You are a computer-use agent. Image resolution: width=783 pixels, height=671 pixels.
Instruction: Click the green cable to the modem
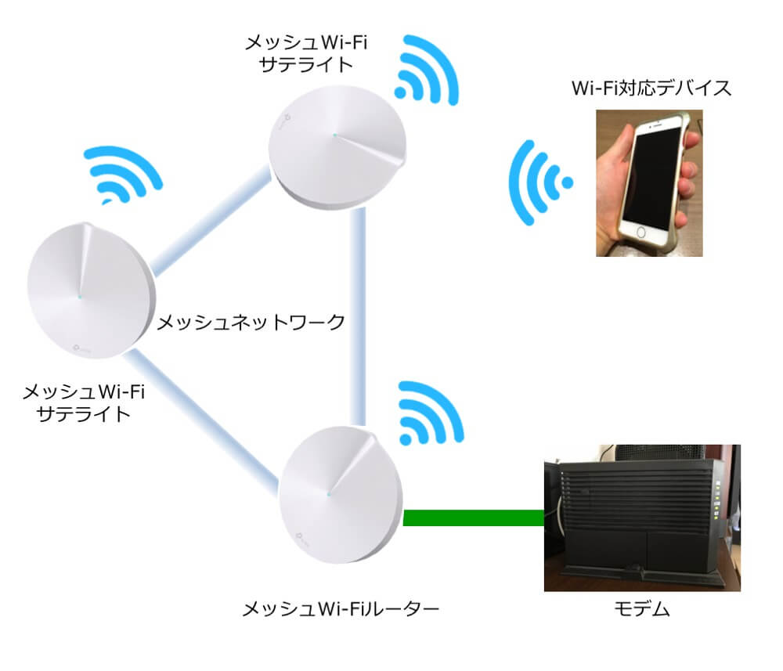(x=473, y=517)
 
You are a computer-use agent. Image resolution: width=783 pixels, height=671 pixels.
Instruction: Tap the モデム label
(x=640, y=609)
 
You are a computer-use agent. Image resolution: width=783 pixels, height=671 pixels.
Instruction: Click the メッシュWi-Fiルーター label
(x=340, y=608)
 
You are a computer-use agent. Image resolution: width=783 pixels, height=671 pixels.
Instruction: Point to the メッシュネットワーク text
(x=251, y=322)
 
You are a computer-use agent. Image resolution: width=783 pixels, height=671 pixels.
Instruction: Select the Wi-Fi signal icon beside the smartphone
(x=538, y=182)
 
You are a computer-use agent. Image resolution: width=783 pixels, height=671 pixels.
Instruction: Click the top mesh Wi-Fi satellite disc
(x=337, y=149)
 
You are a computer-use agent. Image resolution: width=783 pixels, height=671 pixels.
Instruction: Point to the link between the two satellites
(x=209, y=222)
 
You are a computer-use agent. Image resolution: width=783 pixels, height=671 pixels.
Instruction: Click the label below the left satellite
(x=84, y=402)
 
